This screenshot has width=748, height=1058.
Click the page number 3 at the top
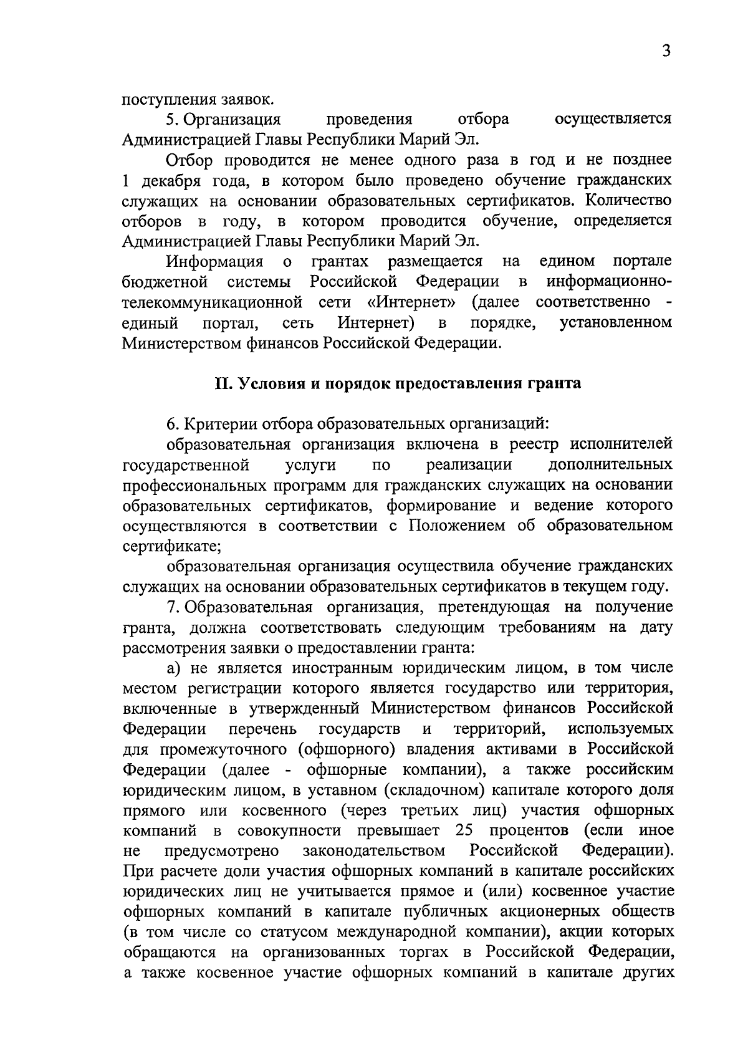click(666, 51)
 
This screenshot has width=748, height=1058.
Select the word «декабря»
click(164, 181)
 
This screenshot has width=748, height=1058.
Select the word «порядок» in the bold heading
click(337, 383)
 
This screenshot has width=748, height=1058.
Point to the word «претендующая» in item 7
click(491, 607)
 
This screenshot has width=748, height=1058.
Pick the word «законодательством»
click(374, 851)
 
